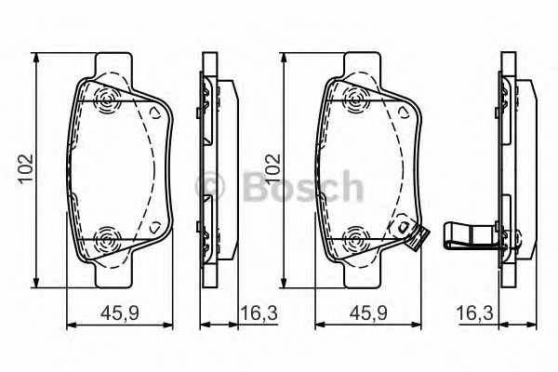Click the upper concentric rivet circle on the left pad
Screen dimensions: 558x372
point(107,100)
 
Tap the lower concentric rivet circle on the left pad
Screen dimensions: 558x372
point(107,240)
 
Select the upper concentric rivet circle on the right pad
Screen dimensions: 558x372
point(355,100)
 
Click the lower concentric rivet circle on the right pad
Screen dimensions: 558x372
point(355,240)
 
